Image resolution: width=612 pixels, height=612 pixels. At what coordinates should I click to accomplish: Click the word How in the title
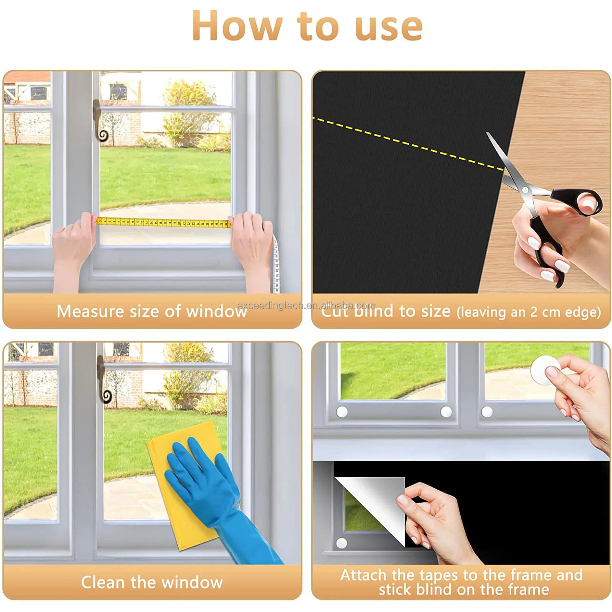coord(237,26)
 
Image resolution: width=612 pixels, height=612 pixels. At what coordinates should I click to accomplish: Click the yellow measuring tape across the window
coord(163,223)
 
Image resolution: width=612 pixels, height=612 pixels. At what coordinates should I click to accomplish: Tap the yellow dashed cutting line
coord(408,143)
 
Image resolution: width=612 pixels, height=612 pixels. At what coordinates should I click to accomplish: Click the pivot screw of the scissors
coord(525,190)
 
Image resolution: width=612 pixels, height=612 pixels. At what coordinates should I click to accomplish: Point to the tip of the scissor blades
coord(488,134)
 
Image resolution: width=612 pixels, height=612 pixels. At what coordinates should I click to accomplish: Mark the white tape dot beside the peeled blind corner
coord(341,543)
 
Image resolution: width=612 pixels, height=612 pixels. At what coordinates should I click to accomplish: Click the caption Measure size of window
coord(151,311)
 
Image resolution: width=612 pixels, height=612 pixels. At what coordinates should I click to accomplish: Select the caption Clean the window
coord(151,582)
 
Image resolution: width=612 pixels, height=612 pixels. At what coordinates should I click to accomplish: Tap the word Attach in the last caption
coord(363,575)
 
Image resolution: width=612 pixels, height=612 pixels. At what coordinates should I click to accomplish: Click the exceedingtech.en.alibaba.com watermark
coord(306,306)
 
